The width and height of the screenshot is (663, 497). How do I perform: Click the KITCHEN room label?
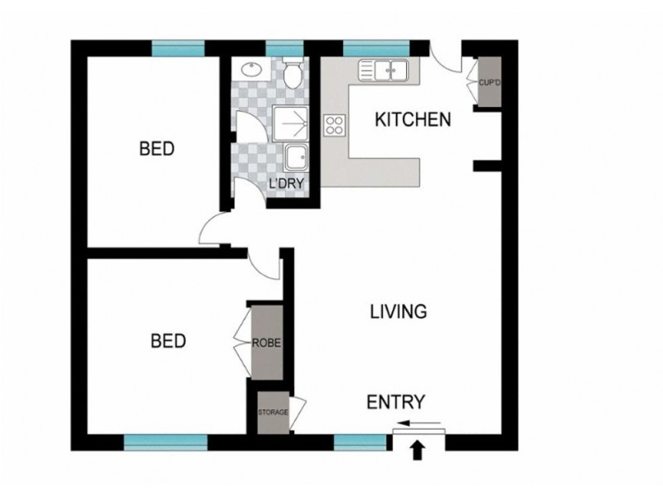[413, 119]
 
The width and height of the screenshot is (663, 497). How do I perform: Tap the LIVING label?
[398, 312]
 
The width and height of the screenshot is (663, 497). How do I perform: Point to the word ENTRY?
[396, 403]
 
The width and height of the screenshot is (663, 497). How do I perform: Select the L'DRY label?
[283, 183]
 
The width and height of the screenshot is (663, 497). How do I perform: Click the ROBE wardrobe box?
[266, 340]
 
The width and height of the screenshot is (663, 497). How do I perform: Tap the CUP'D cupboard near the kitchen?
[486, 82]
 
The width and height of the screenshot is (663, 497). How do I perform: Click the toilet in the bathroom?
[292, 75]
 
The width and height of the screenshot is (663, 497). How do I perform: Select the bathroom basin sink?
[250, 71]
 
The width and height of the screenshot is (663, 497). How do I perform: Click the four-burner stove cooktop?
[336, 125]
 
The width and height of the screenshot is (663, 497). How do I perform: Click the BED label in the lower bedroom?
[168, 340]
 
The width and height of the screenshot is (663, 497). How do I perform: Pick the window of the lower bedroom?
[165, 442]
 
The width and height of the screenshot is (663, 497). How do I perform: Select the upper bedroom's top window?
[177, 47]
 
